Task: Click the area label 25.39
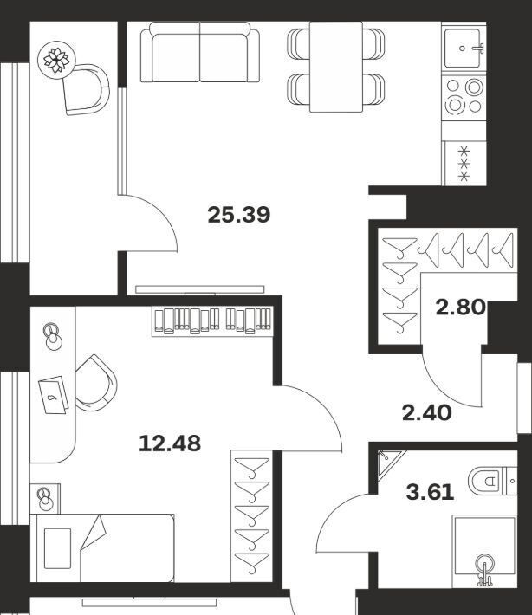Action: coord(239,215)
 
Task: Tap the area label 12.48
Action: coord(170,443)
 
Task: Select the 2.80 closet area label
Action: coord(461,307)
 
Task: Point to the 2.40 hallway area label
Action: coord(427,413)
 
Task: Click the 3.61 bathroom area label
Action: coord(431,492)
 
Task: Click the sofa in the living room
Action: coord(200,52)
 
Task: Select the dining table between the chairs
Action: coord(336,67)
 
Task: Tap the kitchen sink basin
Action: coord(463,48)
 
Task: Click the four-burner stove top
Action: coord(464,95)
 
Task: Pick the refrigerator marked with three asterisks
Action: coord(464,163)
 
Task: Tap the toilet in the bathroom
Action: coord(492,480)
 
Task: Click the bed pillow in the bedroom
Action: coord(58,548)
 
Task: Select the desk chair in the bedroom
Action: coord(95,383)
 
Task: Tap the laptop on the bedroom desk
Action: coord(54,395)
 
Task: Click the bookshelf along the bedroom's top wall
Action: coord(212,321)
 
